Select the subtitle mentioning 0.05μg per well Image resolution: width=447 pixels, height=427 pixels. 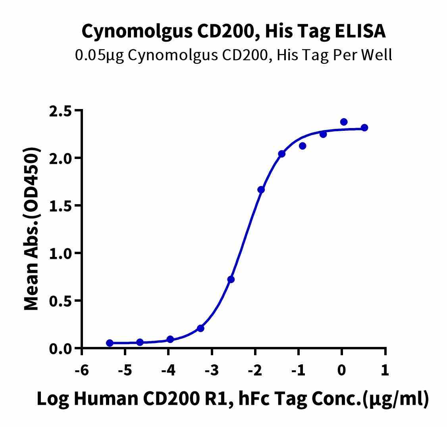click(233, 55)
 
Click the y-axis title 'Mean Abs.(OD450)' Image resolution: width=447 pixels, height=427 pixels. click(32, 229)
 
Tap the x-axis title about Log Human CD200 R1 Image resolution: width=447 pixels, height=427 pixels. click(233, 399)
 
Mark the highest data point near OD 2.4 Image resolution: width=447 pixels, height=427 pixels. click(344, 122)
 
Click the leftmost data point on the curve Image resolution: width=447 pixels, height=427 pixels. click(110, 343)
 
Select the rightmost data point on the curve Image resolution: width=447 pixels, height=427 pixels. click(364, 128)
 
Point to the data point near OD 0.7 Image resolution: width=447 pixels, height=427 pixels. click(231, 280)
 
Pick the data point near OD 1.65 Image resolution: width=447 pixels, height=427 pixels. click(261, 190)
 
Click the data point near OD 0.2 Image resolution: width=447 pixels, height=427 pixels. click(200, 328)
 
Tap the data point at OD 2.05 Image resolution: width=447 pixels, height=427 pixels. click(282, 154)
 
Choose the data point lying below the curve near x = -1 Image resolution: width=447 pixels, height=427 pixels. click(302, 146)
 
